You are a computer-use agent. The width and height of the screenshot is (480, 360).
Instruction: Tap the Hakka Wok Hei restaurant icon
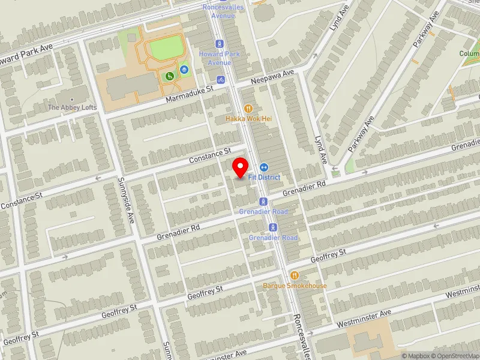[248, 109]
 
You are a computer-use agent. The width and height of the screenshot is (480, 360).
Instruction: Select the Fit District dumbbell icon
[263, 167]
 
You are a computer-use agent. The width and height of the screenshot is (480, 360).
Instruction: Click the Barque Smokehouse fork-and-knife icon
[295, 275]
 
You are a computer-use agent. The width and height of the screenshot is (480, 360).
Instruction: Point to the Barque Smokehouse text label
[295, 286]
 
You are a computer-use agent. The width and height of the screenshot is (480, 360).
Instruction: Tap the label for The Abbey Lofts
[71, 107]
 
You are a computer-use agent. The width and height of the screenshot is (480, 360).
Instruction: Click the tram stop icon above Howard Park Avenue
[220, 44]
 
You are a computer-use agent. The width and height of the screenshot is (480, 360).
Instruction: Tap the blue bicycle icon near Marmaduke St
[221, 79]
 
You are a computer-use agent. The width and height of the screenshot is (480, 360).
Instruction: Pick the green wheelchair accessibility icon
[170, 76]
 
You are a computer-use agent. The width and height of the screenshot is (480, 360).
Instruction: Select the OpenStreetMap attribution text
[455, 356]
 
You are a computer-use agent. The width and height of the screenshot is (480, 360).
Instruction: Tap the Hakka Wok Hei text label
[248, 119]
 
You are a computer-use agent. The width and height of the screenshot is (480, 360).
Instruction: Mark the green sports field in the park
[165, 46]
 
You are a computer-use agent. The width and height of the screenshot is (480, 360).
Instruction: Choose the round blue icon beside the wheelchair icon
[184, 70]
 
